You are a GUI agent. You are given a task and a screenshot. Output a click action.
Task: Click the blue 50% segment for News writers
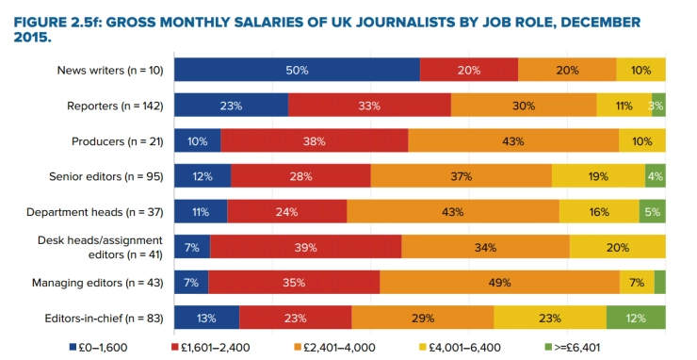click(x=297, y=70)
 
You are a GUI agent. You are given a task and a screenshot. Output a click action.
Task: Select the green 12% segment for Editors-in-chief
click(x=636, y=318)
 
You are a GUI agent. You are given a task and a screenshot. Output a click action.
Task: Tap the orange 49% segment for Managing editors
click(x=499, y=282)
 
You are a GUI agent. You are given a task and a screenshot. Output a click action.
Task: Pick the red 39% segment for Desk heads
click(x=306, y=247)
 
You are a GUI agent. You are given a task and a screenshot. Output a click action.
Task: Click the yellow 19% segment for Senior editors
click(x=598, y=176)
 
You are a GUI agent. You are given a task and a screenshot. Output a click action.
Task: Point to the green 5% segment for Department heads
click(x=653, y=212)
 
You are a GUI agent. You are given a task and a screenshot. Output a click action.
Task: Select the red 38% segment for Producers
click(x=315, y=141)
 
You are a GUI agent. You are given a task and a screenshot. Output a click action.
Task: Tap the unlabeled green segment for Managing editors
click(x=660, y=282)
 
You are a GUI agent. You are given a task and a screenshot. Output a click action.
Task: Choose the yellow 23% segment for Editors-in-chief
click(x=550, y=318)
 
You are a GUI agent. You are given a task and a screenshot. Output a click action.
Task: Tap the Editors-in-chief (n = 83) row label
click(x=107, y=318)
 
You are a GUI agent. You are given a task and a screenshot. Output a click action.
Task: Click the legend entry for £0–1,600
click(x=105, y=348)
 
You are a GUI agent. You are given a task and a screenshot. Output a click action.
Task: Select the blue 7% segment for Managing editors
click(x=191, y=282)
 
